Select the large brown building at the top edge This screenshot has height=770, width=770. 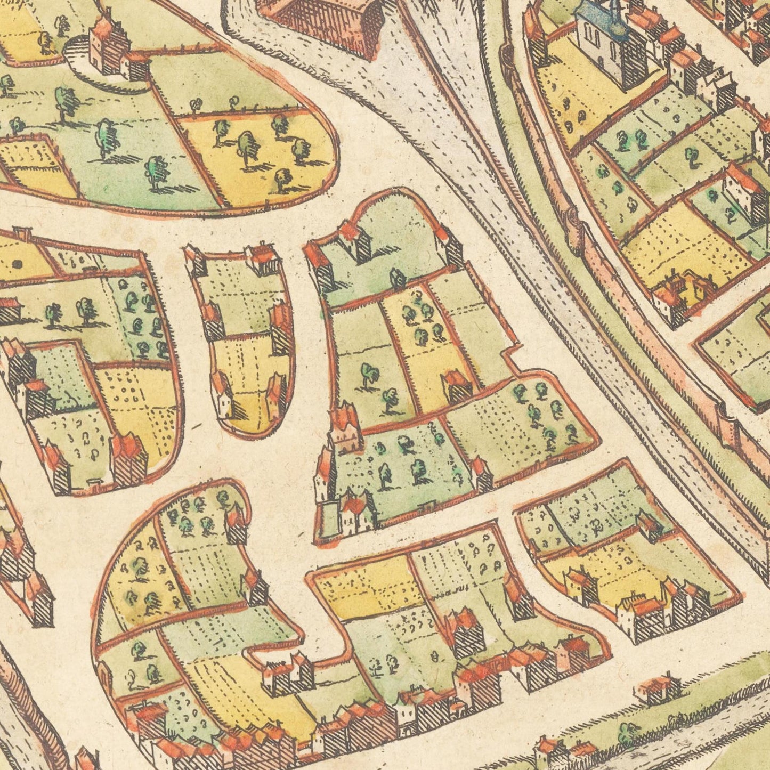pos(325,21)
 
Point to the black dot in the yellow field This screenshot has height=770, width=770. pos(17,263)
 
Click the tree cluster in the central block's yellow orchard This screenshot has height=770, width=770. pos(421,320)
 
